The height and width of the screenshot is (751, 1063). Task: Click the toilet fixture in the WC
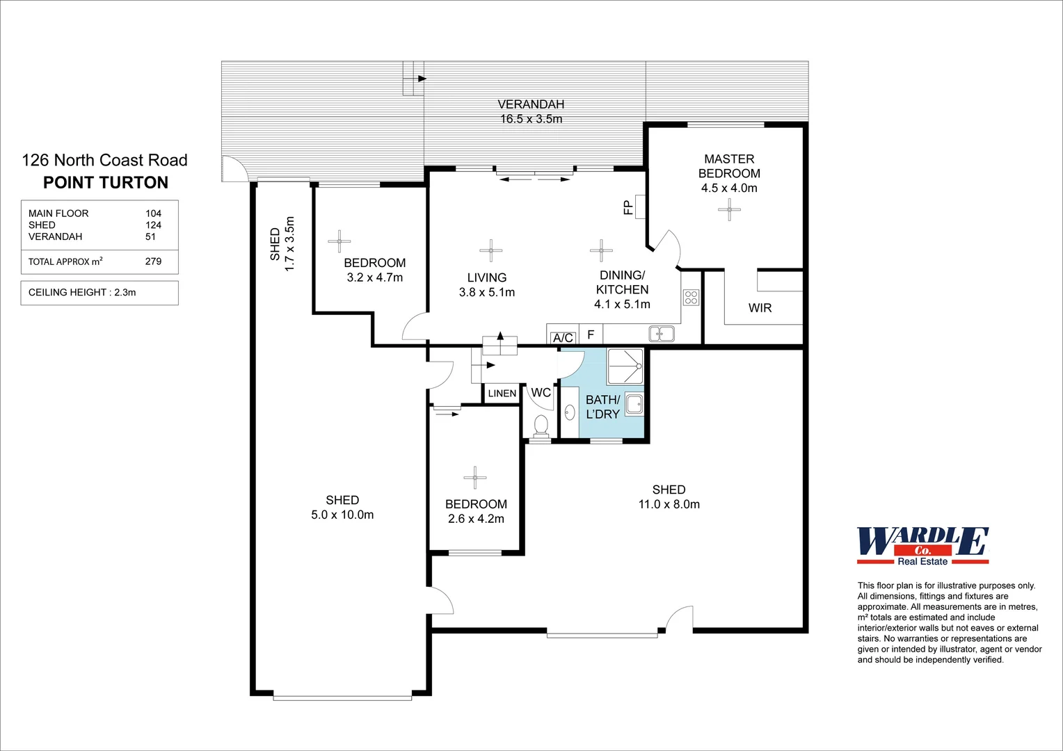tap(541, 423)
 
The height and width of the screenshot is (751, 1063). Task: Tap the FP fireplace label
tap(628, 207)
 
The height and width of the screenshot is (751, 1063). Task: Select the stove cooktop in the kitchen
tap(691, 298)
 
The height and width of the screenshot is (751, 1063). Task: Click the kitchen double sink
tap(661, 334)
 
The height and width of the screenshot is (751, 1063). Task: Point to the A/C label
tap(563, 338)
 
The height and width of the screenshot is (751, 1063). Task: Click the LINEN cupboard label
tap(502, 394)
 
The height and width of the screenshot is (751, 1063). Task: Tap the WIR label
tap(760, 308)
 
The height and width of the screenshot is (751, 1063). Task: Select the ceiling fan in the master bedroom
tap(729, 209)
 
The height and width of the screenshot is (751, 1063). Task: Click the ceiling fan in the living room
tap(490, 250)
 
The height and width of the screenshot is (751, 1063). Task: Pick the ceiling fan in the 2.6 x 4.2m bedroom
tap(475, 478)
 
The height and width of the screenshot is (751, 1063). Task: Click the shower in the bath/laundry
tap(625, 366)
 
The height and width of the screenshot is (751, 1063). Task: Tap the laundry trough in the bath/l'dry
tap(634, 403)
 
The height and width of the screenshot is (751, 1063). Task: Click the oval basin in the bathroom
tap(569, 412)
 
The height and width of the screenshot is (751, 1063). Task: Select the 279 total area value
tap(153, 261)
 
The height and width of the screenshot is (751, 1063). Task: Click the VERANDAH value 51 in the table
tap(150, 236)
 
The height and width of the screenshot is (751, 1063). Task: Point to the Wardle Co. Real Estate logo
tap(922, 546)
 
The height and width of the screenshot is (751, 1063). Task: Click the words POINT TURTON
tap(106, 183)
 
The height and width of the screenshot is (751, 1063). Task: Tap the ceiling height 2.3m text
tap(82, 293)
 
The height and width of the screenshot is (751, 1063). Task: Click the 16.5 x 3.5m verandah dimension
tap(531, 119)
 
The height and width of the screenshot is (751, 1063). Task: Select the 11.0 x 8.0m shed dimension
tap(669, 504)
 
